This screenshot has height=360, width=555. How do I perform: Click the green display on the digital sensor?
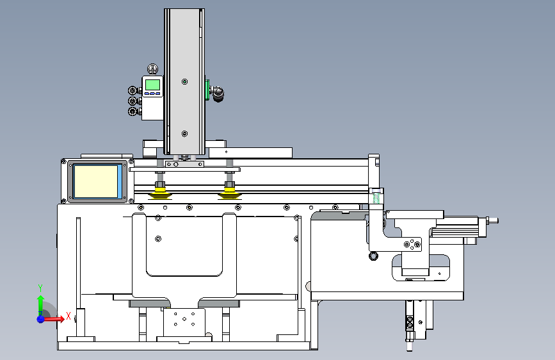click(x=152, y=85)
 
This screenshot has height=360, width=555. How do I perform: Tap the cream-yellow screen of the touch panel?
click(x=96, y=181)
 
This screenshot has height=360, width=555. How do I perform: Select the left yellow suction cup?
click(x=160, y=193)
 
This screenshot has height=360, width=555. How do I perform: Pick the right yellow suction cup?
click(x=230, y=193)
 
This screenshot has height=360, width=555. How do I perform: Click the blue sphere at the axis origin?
click(x=40, y=319)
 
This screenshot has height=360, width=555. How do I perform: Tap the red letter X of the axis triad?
click(x=68, y=316)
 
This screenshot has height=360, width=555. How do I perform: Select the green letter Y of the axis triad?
click(x=40, y=288)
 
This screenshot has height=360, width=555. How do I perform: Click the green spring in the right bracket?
click(x=376, y=197)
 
